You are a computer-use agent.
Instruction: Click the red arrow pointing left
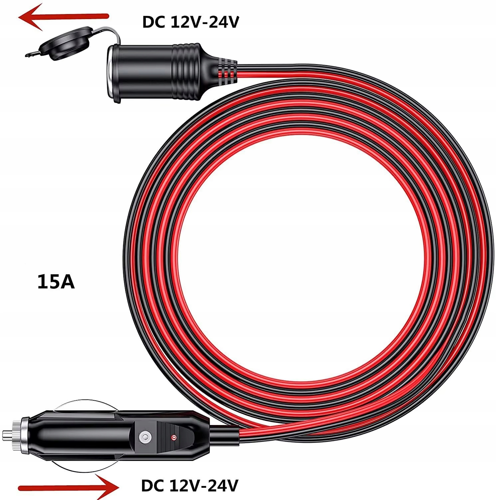[x=63, y=17]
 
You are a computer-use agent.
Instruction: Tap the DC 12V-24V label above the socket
[x=190, y=22]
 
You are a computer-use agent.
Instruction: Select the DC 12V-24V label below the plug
[x=190, y=486]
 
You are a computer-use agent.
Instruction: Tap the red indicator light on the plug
[x=173, y=437]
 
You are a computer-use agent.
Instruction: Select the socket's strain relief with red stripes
[x=223, y=70]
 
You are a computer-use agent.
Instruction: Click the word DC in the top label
[x=155, y=22]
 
